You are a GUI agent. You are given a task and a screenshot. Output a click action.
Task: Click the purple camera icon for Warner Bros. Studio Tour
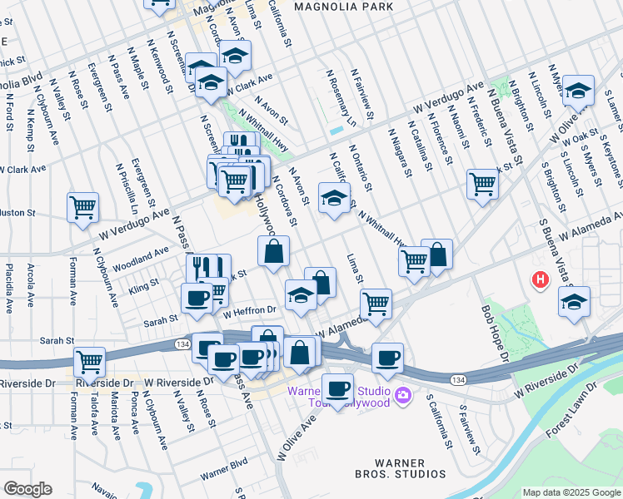click(x=404, y=394)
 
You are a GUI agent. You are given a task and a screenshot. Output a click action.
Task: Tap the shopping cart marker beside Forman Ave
click(x=89, y=363)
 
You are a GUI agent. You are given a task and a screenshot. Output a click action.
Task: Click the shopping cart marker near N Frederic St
click(x=482, y=184)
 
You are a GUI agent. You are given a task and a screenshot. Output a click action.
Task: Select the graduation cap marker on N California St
click(x=334, y=200)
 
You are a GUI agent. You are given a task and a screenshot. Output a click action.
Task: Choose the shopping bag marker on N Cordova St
click(x=273, y=250)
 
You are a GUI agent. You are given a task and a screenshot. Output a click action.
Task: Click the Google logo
click(x=27, y=489)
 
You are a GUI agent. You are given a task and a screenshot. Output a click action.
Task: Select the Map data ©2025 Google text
click(x=571, y=492)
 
